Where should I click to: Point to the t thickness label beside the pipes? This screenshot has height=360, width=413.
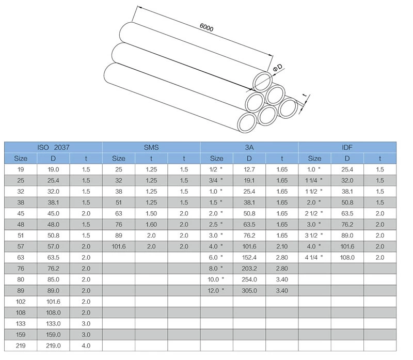(x=305, y=96)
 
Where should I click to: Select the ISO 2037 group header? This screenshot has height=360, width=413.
(x=53, y=147)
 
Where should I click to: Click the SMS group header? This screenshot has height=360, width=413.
(x=151, y=147)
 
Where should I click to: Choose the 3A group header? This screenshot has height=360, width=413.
(x=249, y=147)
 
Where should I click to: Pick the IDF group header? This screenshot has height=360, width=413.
(x=347, y=147)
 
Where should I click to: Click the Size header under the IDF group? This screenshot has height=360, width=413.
(x=314, y=159)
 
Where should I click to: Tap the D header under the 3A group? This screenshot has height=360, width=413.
(x=249, y=159)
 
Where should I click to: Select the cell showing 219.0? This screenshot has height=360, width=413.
(x=53, y=346)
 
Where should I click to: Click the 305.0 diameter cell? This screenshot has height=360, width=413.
(x=249, y=291)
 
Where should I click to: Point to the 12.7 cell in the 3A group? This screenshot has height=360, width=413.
(x=249, y=169)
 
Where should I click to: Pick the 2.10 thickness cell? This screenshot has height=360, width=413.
(x=282, y=246)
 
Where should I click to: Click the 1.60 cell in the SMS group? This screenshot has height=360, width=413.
(x=151, y=225)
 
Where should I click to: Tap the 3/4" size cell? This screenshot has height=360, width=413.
(x=217, y=181)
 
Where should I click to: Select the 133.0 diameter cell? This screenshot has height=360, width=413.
(x=53, y=324)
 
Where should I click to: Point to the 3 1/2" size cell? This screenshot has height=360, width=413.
(x=314, y=236)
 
